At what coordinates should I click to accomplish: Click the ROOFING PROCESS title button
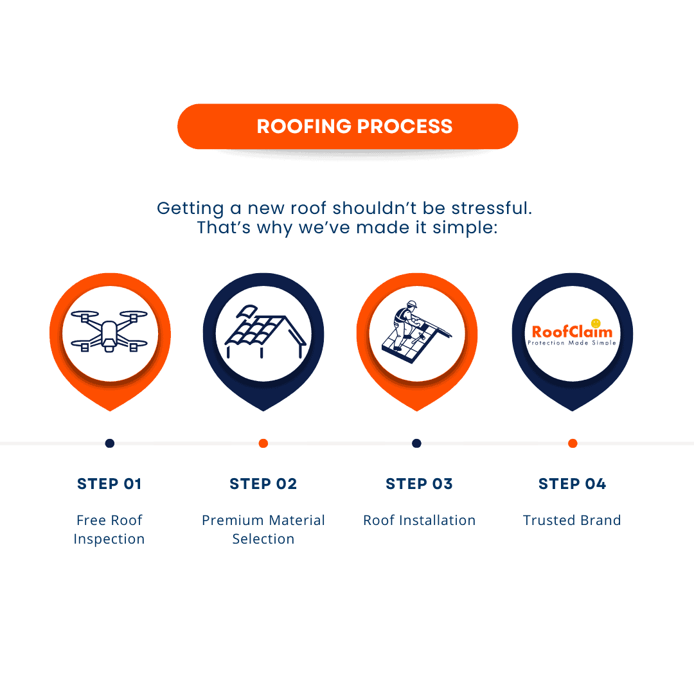point(348,127)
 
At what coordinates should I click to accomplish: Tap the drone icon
point(109,332)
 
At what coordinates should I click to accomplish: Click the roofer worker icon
point(417,330)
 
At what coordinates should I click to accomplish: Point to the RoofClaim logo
point(572,334)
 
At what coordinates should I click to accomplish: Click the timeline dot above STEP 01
point(110,443)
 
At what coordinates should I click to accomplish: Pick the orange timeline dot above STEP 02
point(263,443)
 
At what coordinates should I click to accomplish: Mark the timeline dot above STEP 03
point(416,443)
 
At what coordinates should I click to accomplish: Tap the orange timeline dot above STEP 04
point(573,443)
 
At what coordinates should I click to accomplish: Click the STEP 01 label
point(109,484)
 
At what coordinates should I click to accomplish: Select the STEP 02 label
point(263,484)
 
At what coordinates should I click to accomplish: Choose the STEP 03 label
point(419,484)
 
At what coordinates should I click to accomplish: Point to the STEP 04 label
point(572,484)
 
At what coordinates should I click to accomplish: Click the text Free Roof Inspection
point(109,529)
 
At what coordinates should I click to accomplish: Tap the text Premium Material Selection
point(263,529)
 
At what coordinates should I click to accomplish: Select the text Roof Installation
point(419,520)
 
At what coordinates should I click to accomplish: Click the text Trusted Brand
point(572,520)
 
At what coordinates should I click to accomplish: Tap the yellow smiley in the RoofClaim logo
point(595,323)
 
